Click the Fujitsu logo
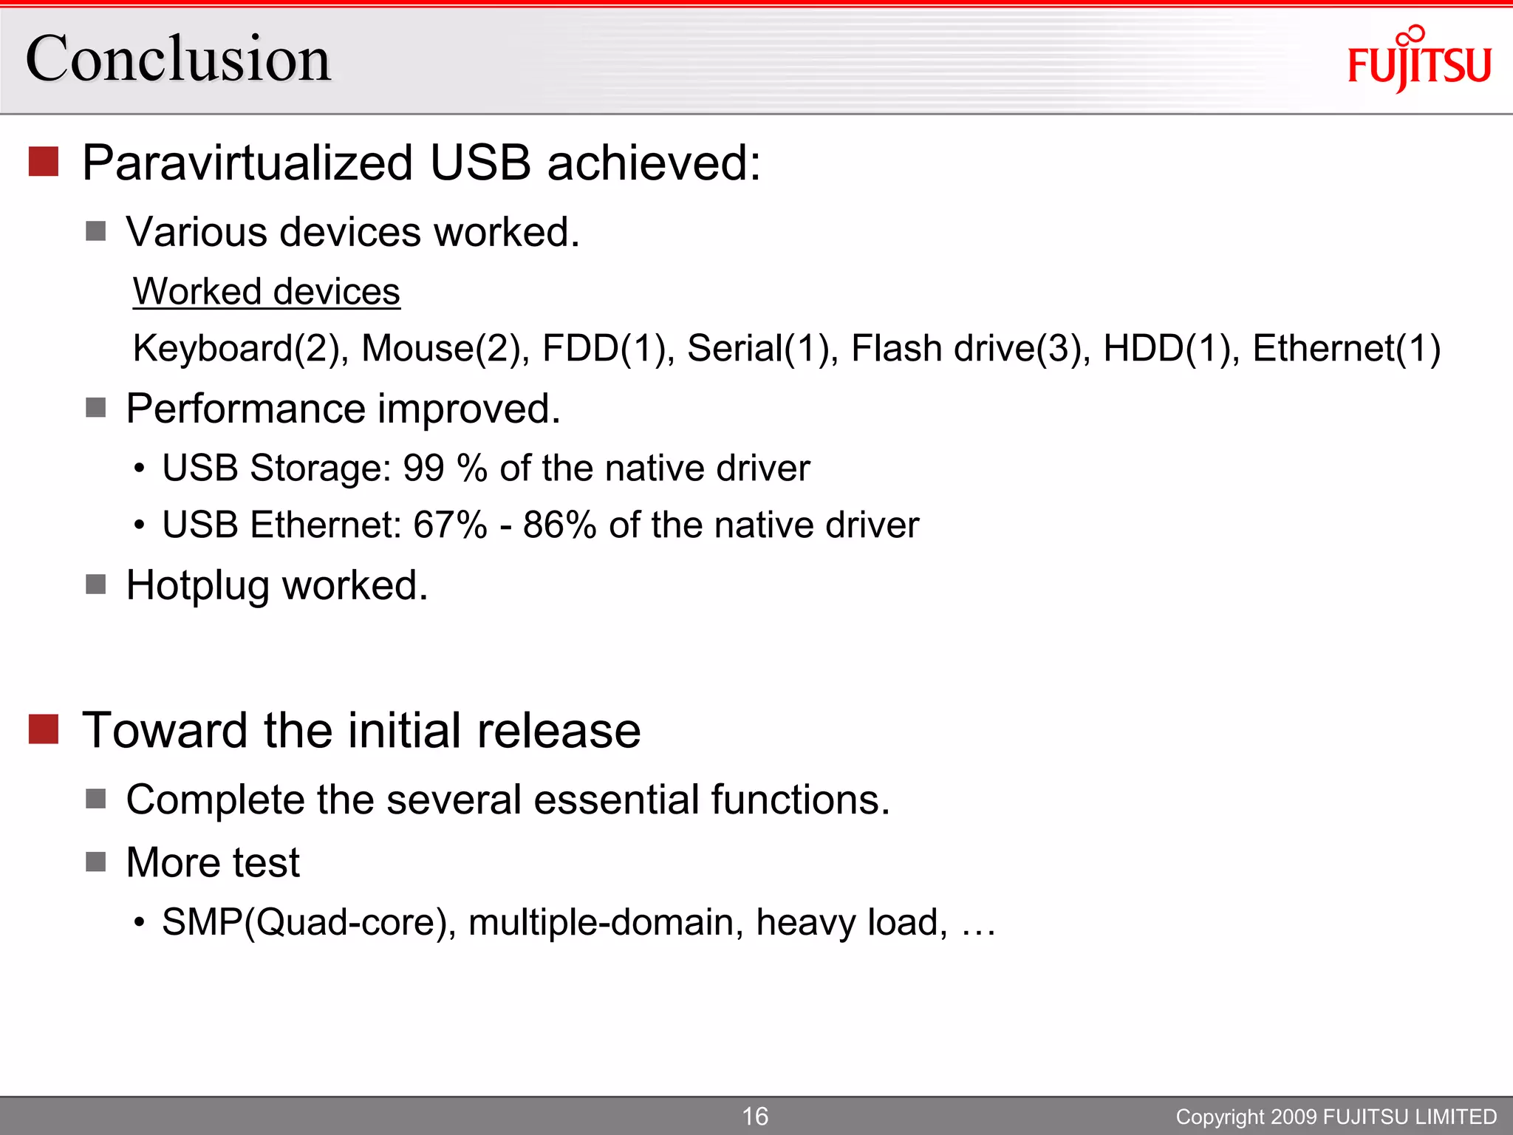point(1418,61)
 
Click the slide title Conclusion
point(178,59)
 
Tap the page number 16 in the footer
point(755,1116)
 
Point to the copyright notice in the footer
point(1336,1117)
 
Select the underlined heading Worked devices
point(267,291)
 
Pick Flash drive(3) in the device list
point(971,348)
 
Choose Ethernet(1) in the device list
point(1346,348)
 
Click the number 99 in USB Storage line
point(423,468)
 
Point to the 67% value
point(450,525)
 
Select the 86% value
point(559,525)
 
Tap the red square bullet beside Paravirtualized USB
point(44,162)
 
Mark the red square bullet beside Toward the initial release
point(44,729)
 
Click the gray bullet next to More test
point(96,862)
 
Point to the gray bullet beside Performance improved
point(96,408)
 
